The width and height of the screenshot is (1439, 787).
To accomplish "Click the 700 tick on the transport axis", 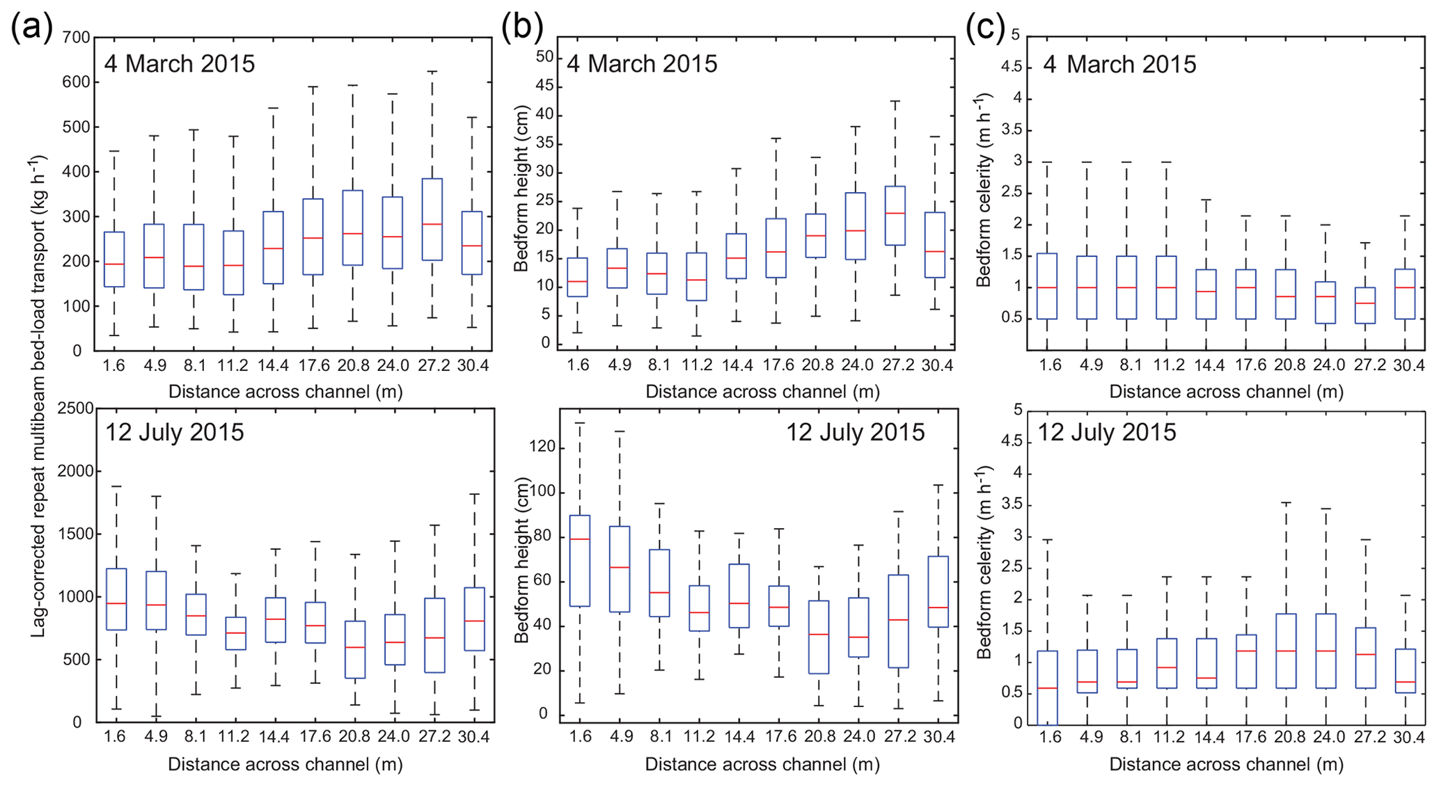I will pos(77,37).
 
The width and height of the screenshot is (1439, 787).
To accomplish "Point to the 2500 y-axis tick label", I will pos(75,408).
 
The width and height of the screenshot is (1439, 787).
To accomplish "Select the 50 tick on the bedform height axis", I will pos(544,57).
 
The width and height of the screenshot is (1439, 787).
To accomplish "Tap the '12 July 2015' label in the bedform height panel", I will pos(855,432).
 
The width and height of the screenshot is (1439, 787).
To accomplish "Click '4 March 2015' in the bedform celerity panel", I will pos(1119,64).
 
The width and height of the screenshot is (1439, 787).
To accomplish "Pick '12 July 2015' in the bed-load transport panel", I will pos(175,432).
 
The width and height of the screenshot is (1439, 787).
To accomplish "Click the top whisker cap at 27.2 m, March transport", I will pos(432,72).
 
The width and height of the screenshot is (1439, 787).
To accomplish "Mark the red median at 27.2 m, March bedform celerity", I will pos(1365,303).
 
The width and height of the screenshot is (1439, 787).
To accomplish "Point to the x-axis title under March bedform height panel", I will pos(762,392).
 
